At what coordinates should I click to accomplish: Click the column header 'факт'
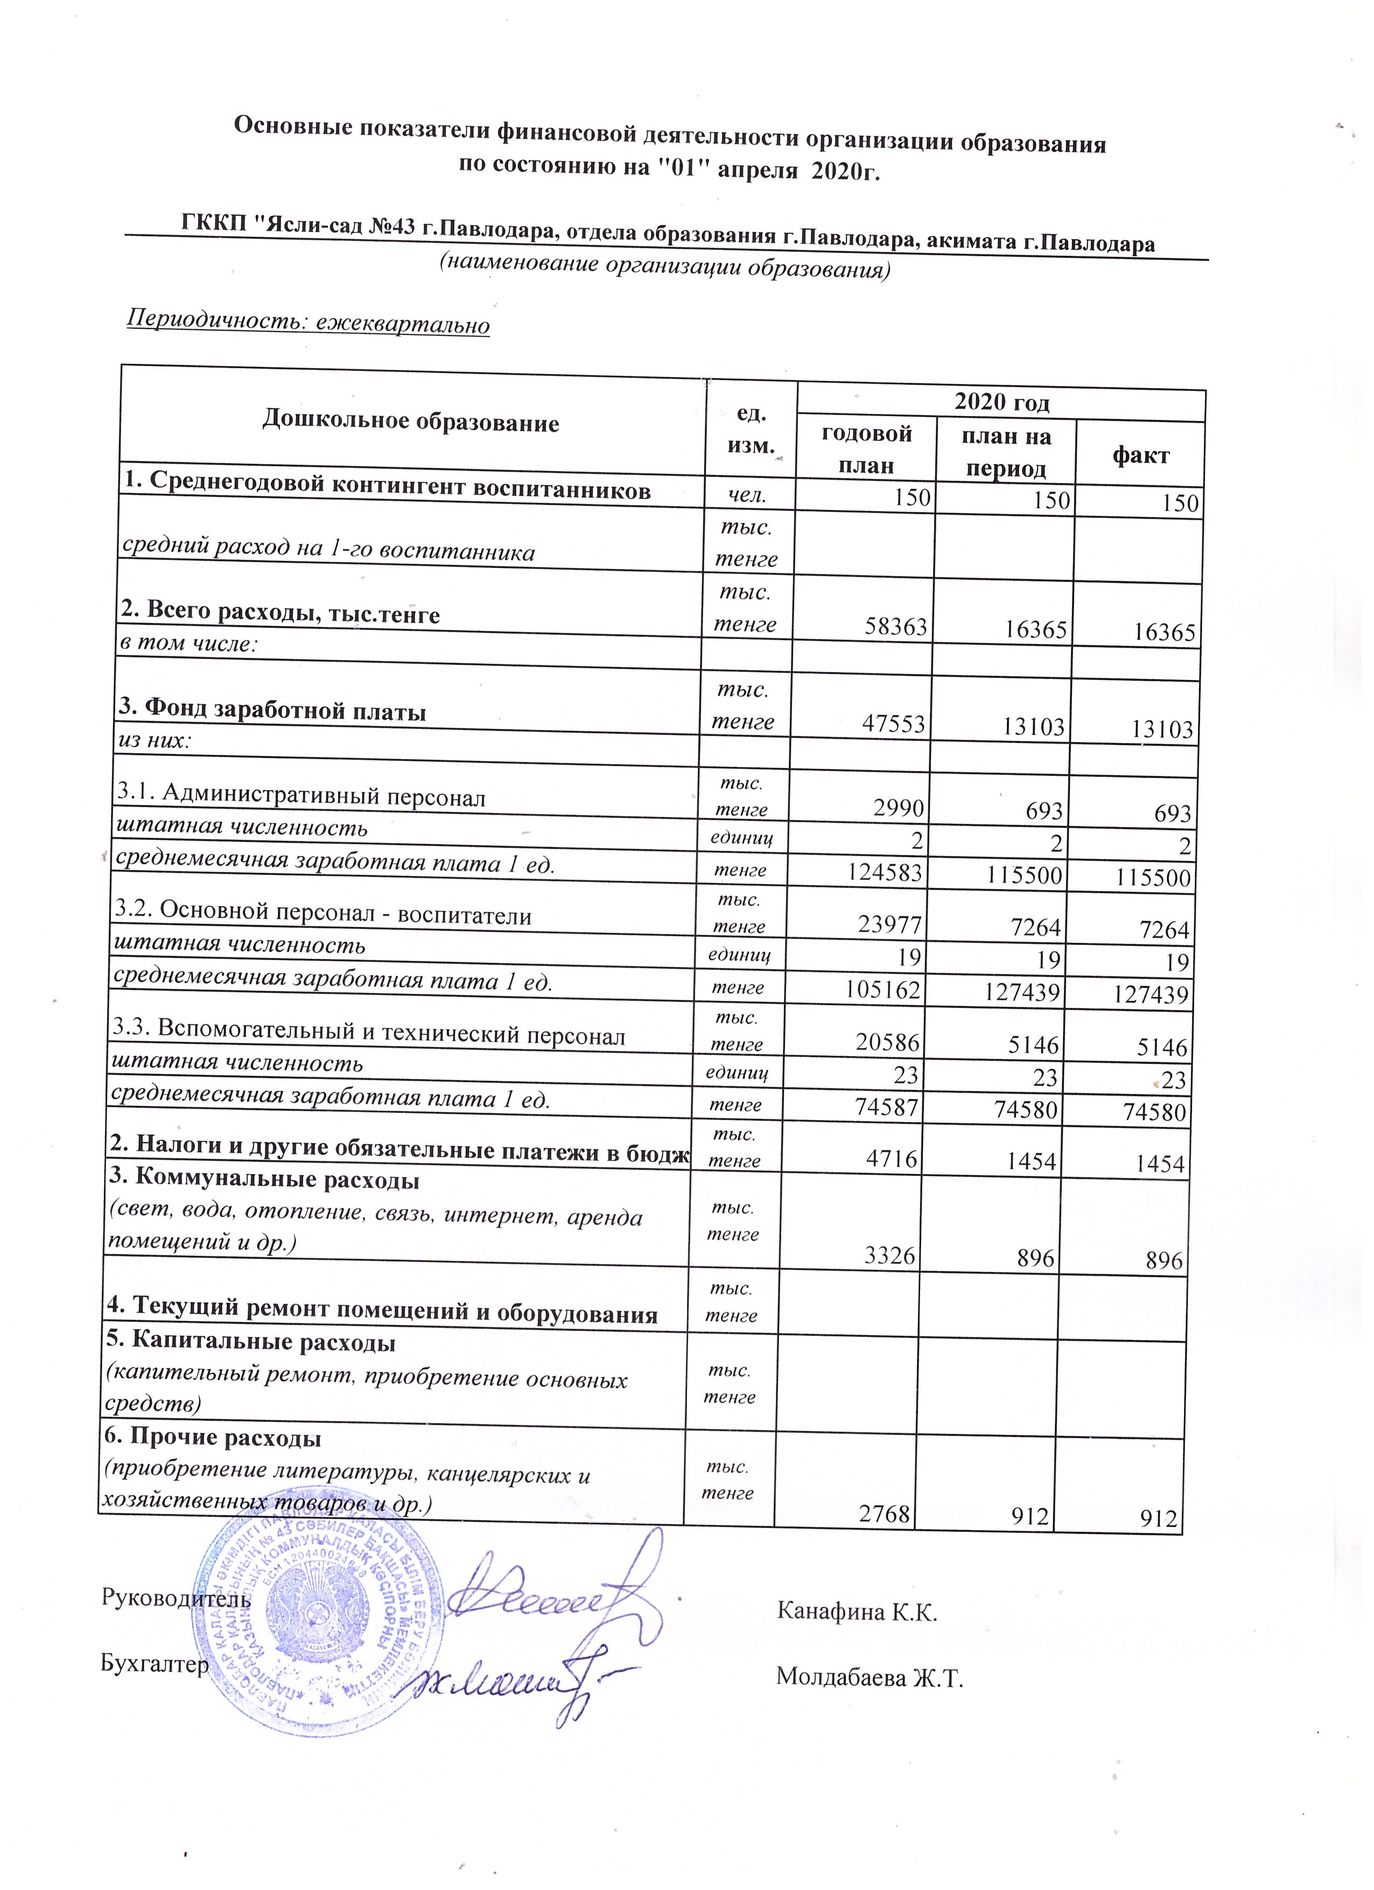1140,455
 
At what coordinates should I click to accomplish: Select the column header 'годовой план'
867,449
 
